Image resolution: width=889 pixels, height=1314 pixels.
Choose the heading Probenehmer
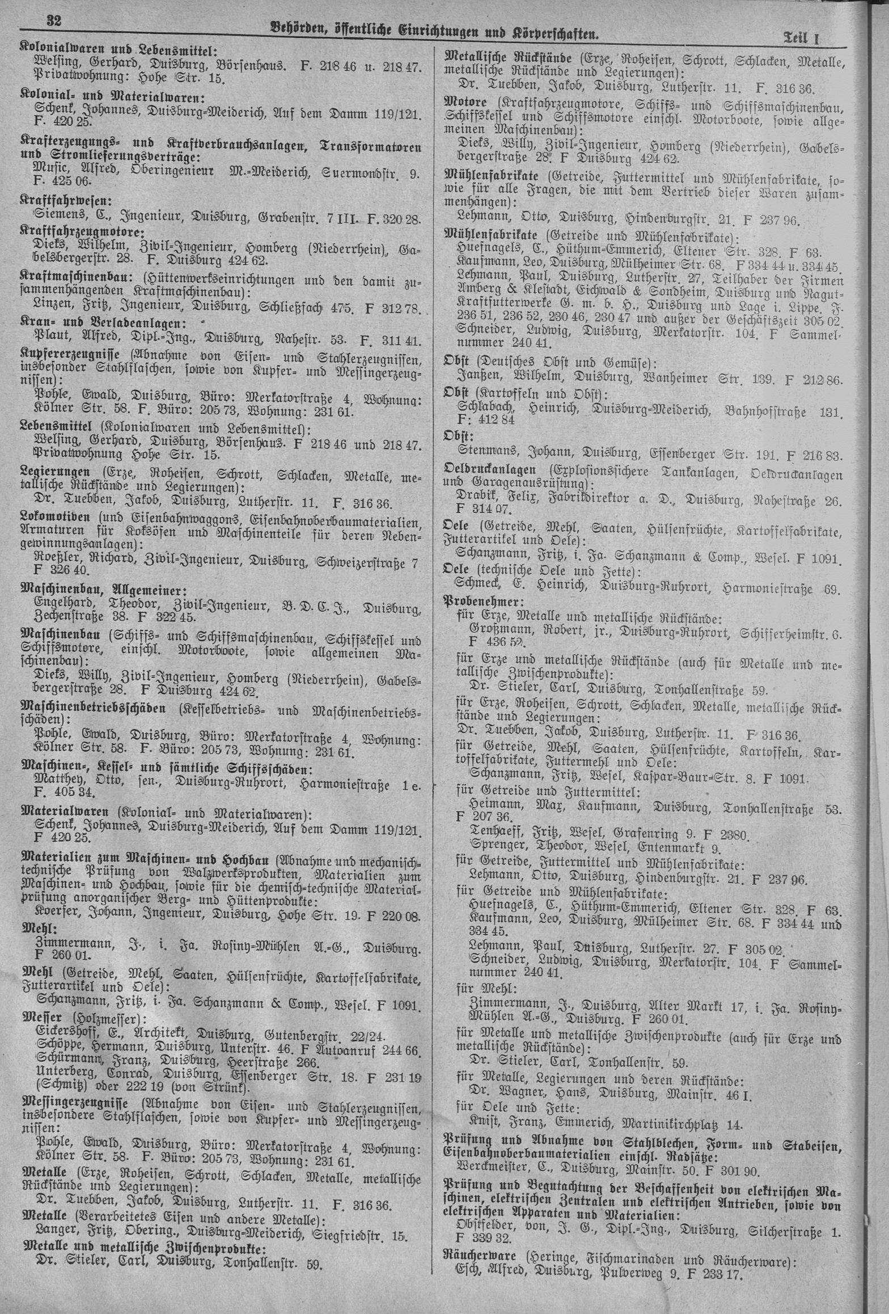coord(484,600)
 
